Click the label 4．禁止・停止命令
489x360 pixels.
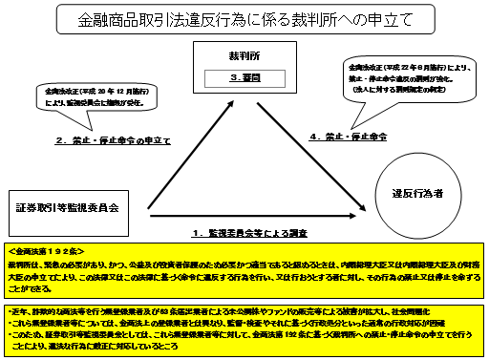[x=351, y=138]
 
